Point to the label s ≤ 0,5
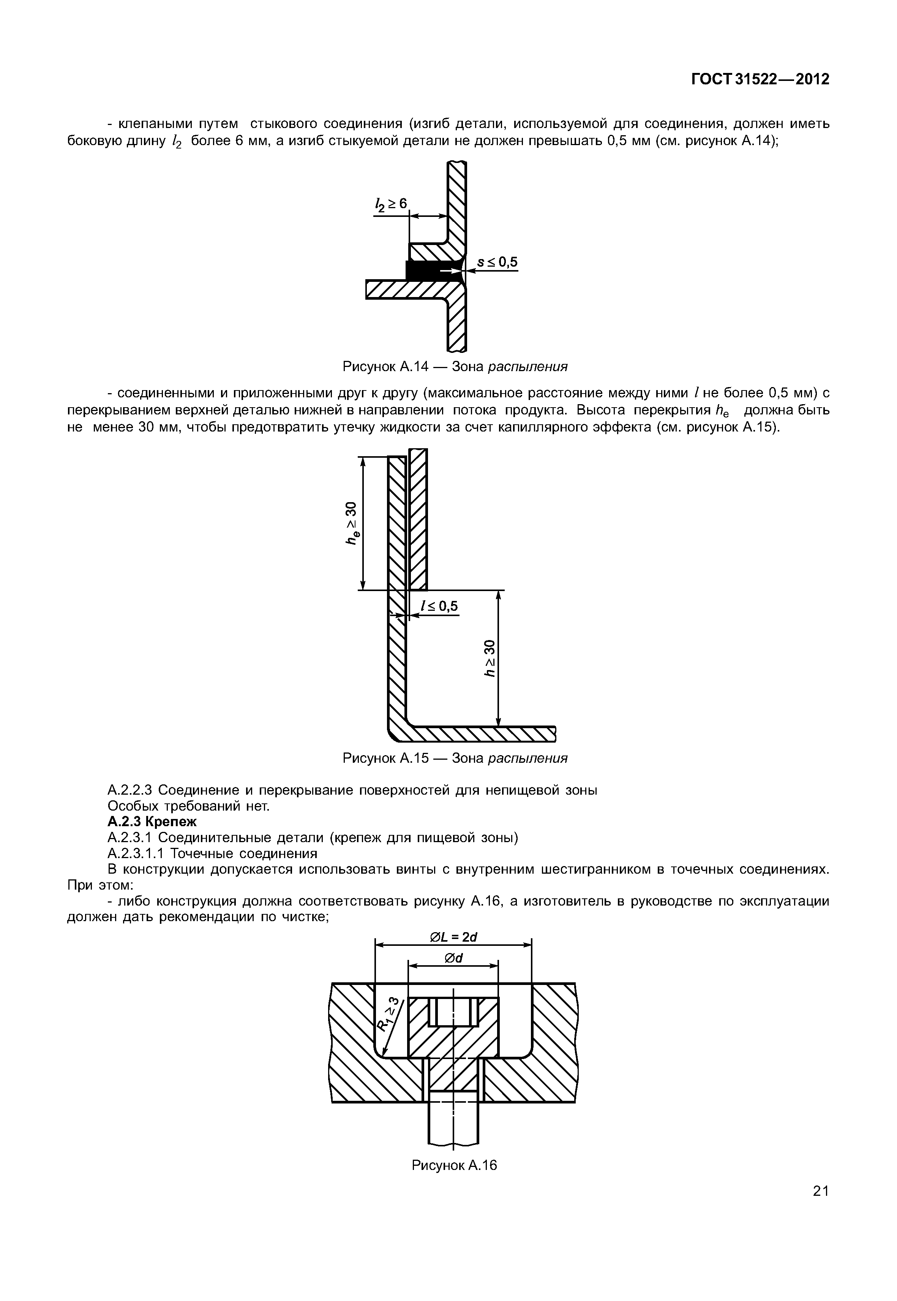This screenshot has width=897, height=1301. tap(497, 262)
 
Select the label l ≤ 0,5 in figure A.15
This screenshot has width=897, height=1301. tap(439, 606)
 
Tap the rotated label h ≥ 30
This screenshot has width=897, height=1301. tap(491, 658)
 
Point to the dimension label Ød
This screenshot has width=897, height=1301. tap(453, 958)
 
